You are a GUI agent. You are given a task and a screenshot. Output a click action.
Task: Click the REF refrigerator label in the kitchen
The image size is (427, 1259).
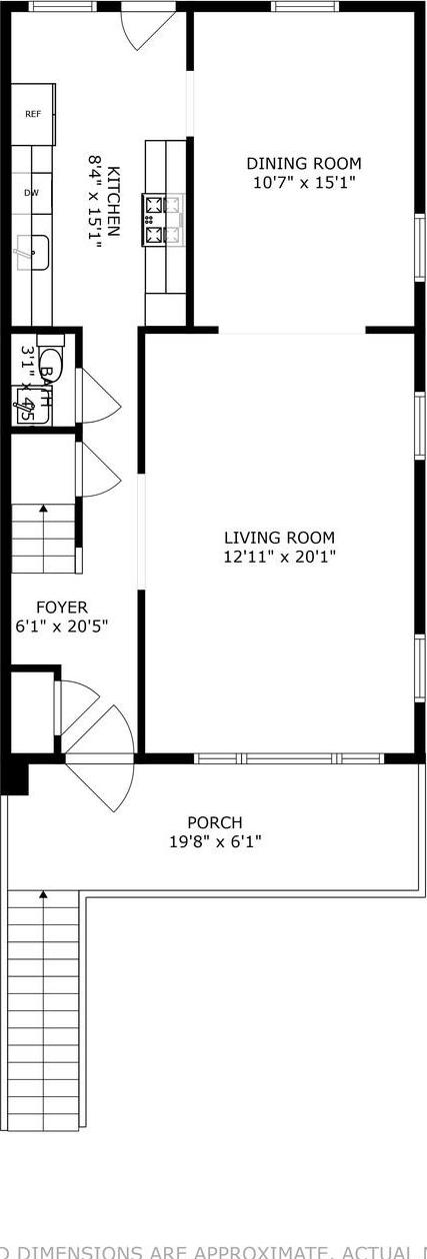click(33, 114)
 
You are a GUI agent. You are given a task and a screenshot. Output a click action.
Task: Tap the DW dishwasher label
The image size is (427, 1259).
click(31, 193)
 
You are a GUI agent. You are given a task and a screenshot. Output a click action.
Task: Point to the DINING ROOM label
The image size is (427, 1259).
click(304, 164)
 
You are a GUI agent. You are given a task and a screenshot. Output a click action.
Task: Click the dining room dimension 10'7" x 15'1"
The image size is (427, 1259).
click(304, 183)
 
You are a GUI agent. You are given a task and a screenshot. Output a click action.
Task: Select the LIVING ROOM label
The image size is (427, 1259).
click(279, 538)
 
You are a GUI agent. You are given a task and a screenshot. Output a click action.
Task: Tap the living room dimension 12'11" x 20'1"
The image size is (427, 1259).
click(279, 557)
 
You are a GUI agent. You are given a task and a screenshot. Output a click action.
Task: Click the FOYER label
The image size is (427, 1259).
click(62, 607)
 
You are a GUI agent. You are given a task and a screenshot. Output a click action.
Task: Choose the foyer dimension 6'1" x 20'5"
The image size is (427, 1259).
click(62, 627)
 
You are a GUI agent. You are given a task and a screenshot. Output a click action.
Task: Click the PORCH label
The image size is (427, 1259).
click(215, 822)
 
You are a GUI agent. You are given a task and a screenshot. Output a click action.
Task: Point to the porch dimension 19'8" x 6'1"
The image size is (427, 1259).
click(215, 842)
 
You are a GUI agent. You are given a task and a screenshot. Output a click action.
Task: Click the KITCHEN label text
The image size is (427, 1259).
click(114, 201)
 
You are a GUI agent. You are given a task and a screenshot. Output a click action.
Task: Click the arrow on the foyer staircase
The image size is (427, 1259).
click(43, 511)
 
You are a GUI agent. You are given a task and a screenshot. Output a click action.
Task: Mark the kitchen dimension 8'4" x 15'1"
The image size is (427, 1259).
click(96, 201)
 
